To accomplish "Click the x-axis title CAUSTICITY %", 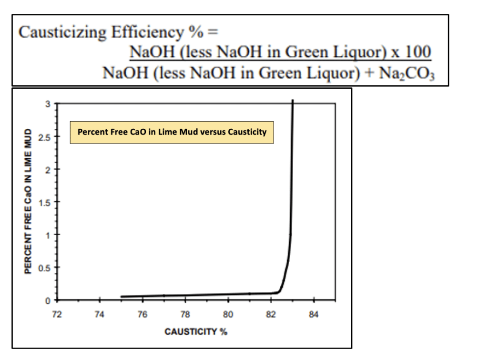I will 196,331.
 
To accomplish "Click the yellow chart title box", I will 172,132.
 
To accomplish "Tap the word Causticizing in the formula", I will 62,32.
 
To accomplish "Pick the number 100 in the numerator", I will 418,51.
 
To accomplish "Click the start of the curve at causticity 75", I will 122,297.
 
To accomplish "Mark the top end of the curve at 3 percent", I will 293,101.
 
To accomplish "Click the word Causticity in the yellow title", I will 248,132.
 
